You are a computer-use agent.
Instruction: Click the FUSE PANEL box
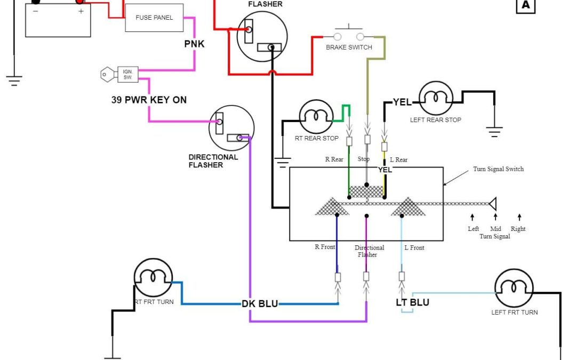coord(154,18)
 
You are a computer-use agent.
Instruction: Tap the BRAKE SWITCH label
coord(349,47)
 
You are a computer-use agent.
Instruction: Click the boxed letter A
coord(525,5)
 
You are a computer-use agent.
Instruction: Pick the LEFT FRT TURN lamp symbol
coord(514,287)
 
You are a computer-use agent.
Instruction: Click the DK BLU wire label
coord(260,303)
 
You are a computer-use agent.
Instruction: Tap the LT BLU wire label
coord(412,302)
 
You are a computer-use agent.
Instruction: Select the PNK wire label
coord(194,44)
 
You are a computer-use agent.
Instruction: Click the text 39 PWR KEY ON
coord(149,100)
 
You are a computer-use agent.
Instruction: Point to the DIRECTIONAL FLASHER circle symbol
coord(231,128)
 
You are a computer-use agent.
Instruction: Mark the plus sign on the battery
coord(81,11)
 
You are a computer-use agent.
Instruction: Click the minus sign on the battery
coord(35,11)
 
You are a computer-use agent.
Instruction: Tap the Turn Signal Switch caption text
coord(498,169)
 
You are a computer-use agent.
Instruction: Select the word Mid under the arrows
coord(495,229)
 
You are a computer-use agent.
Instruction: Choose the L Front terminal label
coord(414,247)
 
